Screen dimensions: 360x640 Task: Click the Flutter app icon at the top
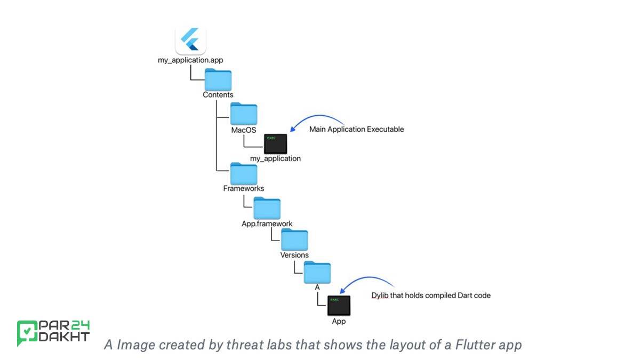point(190,41)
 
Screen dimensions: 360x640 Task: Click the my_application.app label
point(190,60)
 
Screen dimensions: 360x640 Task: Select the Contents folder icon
point(218,80)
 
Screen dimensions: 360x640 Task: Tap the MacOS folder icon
point(244,114)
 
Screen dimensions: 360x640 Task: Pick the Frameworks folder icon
point(244,174)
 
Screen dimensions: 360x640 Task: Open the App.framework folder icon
point(267,208)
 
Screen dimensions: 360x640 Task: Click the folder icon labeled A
point(317,273)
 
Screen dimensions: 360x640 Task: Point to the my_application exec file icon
point(275,144)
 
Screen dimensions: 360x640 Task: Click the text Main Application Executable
point(356,129)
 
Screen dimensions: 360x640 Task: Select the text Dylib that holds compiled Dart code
point(431,295)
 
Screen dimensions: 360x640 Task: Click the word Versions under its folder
point(294,255)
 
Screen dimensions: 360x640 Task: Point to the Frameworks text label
point(243,188)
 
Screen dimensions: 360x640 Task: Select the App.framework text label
point(267,223)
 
